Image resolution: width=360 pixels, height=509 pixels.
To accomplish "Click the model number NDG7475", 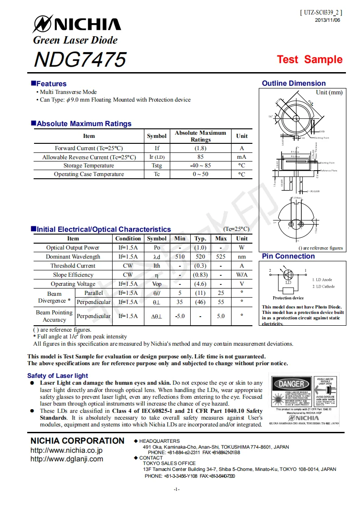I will click(x=80, y=59).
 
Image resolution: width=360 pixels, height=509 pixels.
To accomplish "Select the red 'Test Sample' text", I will click(x=310, y=59).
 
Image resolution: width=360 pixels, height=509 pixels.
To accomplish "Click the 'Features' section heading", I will click(x=51, y=83).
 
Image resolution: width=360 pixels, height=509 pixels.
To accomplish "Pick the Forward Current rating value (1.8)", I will click(x=200, y=148).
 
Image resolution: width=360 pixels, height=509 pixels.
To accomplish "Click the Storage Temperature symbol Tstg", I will click(x=157, y=166).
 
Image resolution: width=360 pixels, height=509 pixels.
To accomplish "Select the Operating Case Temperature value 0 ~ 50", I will click(x=200, y=174).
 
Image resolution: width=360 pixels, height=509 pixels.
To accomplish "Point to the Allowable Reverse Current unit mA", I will click(x=242, y=157).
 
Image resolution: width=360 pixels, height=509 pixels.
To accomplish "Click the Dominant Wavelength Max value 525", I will click(x=221, y=257).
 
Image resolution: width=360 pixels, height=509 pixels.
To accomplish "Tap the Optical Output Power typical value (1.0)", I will click(x=200, y=248).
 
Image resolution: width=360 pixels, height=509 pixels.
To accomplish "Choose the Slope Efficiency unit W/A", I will click(x=242, y=275).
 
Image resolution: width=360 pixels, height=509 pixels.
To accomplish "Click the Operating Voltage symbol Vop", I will click(x=157, y=284).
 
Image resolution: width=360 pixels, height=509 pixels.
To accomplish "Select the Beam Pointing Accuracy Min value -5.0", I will click(x=180, y=316).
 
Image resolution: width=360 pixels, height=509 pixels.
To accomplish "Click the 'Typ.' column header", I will click(x=200, y=239).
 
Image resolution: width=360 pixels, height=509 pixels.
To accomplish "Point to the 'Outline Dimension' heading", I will click(x=294, y=83).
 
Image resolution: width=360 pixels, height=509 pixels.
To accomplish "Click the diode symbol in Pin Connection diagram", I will click(x=288, y=275).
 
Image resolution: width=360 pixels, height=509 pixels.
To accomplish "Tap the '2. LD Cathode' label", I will click(x=323, y=287).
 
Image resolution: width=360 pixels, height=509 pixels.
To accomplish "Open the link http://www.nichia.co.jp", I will click(x=66, y=450).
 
